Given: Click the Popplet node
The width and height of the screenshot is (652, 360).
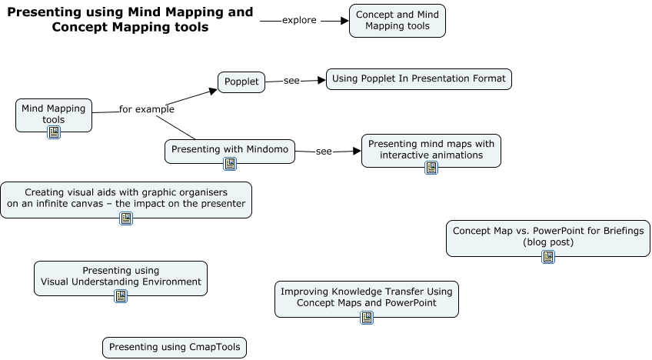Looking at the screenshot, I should pyautogui.click(x=241, y=82).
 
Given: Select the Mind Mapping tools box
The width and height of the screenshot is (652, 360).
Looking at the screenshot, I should pyautogui.click(x=54, y=114).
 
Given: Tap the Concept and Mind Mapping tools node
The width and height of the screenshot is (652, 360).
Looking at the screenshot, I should pyautogui.click(x=397, y=21).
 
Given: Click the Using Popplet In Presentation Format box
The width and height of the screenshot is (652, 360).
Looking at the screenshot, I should pyautogui.click(x=419, y=79).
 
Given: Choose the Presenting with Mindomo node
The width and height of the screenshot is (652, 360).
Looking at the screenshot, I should pyautogui.click(x=230, y=150).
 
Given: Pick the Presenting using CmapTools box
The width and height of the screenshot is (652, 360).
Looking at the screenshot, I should pyautogui.click(x=175, y=348).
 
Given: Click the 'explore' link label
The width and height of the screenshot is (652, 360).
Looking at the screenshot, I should pyautogui.click(x=299, y=21).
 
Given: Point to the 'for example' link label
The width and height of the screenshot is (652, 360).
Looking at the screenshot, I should pyautogui.click(x=146, y=109).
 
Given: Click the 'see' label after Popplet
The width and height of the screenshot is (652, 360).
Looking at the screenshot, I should pyautogui.click(x=291, y=81).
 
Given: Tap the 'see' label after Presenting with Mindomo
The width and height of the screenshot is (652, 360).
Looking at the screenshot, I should pyautogui.click(x=324, y=152).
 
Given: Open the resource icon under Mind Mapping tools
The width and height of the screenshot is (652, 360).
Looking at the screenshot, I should pyautogui.click(x=54, y=132).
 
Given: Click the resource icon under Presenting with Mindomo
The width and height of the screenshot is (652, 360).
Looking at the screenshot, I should pyautogui.click(x=230, y=164).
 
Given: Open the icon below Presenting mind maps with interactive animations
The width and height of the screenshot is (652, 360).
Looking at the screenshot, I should pyautogui.click(x=431, y=168).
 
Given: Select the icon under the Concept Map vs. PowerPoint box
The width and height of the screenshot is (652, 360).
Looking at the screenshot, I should pyautogui.click(x=548, y=257).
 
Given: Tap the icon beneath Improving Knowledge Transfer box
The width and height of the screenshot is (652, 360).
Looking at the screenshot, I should pyautogui.click(x=367, y=317).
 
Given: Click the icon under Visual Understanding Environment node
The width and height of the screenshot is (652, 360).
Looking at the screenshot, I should pyautogui.click(x=121, y=296).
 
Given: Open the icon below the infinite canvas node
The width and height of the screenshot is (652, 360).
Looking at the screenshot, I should pyautogui.click(x=126, y=218).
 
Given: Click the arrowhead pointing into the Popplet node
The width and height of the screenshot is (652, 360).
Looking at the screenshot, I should pyautogui.click(x=213, y=91).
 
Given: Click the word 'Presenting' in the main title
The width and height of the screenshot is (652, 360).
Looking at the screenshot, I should pyautogui.click(x=42, y=12).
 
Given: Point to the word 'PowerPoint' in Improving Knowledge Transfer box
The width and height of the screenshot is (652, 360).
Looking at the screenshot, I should pyautogui.click(x=411, y=303).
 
